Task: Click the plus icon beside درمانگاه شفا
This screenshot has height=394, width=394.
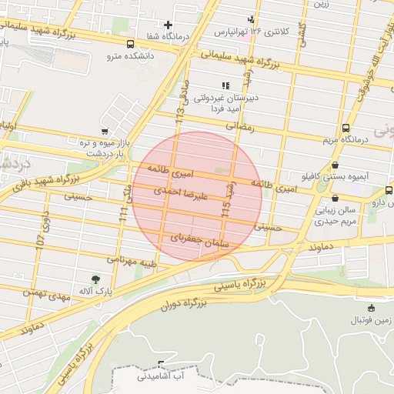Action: coord(168,25)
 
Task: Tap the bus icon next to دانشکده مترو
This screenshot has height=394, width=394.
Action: coord(129,44)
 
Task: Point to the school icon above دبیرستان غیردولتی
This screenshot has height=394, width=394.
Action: coord(225,85)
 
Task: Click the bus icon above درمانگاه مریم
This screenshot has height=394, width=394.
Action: coord(346,129)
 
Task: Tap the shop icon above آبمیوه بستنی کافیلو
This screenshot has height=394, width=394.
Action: coord(335,165)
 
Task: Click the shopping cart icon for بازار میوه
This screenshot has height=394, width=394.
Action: coord(105,132)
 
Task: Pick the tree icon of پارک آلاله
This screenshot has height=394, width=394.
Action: coord(95,279)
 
